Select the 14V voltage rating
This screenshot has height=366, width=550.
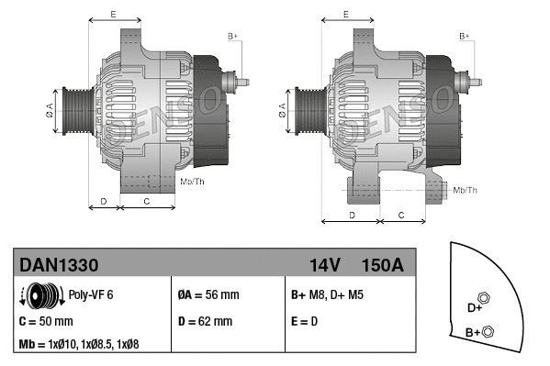tap(325, 265)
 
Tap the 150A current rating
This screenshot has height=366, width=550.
tap(383, 265)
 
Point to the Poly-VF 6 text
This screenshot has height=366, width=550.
tap(90, 295)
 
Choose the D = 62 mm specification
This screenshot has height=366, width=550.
tap(205, 322)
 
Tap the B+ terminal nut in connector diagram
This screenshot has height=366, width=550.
tap(488, 331)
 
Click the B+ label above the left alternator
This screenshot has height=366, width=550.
tap(232, 36)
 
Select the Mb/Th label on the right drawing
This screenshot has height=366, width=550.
tap(466, 190)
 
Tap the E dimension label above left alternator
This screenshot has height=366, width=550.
tap(112, 15)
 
